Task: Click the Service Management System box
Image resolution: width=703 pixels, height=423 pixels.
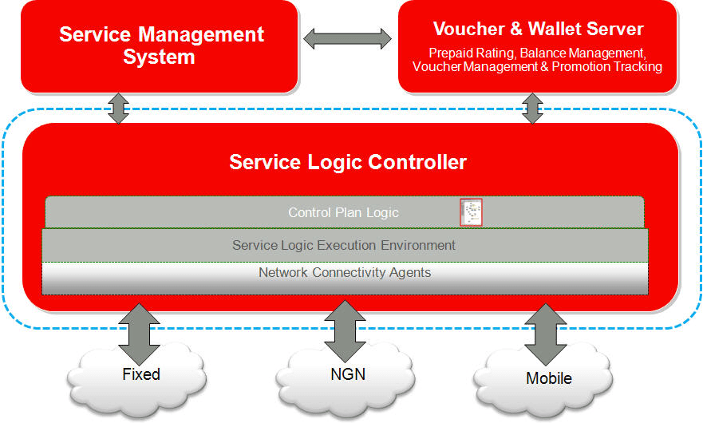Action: (x=159, y=46)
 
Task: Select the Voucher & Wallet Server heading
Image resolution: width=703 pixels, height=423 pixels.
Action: (x=538, y=29)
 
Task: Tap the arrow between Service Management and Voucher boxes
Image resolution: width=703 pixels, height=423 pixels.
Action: (x=347, y=38)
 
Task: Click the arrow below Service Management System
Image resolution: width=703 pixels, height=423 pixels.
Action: (x=119, y=109)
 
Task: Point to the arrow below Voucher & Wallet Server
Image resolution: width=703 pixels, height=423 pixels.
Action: (x=532, y=109)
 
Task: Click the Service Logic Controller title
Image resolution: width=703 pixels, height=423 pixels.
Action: (x=348, y=162)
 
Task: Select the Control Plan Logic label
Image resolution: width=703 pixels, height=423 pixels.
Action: (x=343, y=212)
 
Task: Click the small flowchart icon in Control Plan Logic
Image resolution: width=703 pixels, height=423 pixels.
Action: (x=472, y=212)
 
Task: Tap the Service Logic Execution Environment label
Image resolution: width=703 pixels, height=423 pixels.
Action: (x=344, y=245)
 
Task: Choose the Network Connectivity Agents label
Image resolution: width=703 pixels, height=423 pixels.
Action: (x=345, y=272)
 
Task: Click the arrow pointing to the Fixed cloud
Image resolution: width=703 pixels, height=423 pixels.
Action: (x=139, y=334)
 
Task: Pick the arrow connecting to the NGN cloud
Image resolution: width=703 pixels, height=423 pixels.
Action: (x=346, y=331)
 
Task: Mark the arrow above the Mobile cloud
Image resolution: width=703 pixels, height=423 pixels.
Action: (x=546, y=334)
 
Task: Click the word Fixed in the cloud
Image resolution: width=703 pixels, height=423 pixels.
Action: (x=141, y=374)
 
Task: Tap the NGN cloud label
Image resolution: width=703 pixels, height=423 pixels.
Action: (x=348, y=374)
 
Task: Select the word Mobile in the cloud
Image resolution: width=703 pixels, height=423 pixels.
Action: (x=549, y=378)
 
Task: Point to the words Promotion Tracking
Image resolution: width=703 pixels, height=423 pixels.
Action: (x=607, y=66)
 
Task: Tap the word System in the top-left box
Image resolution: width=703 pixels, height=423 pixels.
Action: (x=159, y=57)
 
